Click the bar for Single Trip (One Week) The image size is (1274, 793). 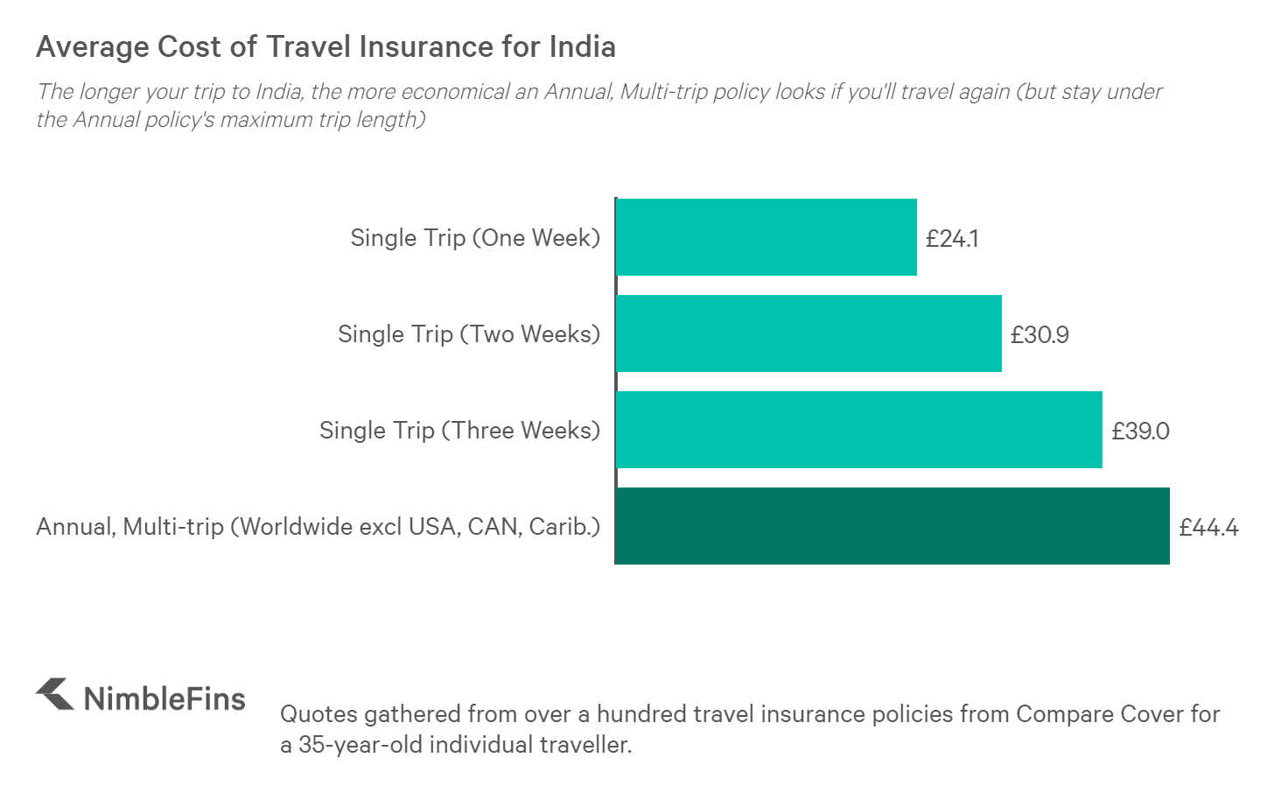[766, 237]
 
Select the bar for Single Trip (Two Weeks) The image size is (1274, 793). [808, 333]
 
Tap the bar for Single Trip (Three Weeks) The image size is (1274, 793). [859, 430]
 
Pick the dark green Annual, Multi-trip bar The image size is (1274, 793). [892, 526]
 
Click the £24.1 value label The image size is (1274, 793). [952, 238]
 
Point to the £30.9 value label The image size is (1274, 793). [1039, 334]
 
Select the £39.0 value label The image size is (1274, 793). [1140, 431]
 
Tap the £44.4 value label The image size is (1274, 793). [1208, 527]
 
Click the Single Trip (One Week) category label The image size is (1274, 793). [475, 238]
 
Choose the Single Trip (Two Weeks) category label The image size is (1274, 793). [469, 334]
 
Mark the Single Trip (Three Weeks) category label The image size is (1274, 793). [459, 431]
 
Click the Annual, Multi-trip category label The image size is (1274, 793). [318, 527]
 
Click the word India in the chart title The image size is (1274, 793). [582, 46]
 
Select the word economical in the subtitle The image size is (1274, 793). [447, 92]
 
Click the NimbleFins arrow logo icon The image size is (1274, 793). [55, 694]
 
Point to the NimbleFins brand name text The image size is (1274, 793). [164, 698]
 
